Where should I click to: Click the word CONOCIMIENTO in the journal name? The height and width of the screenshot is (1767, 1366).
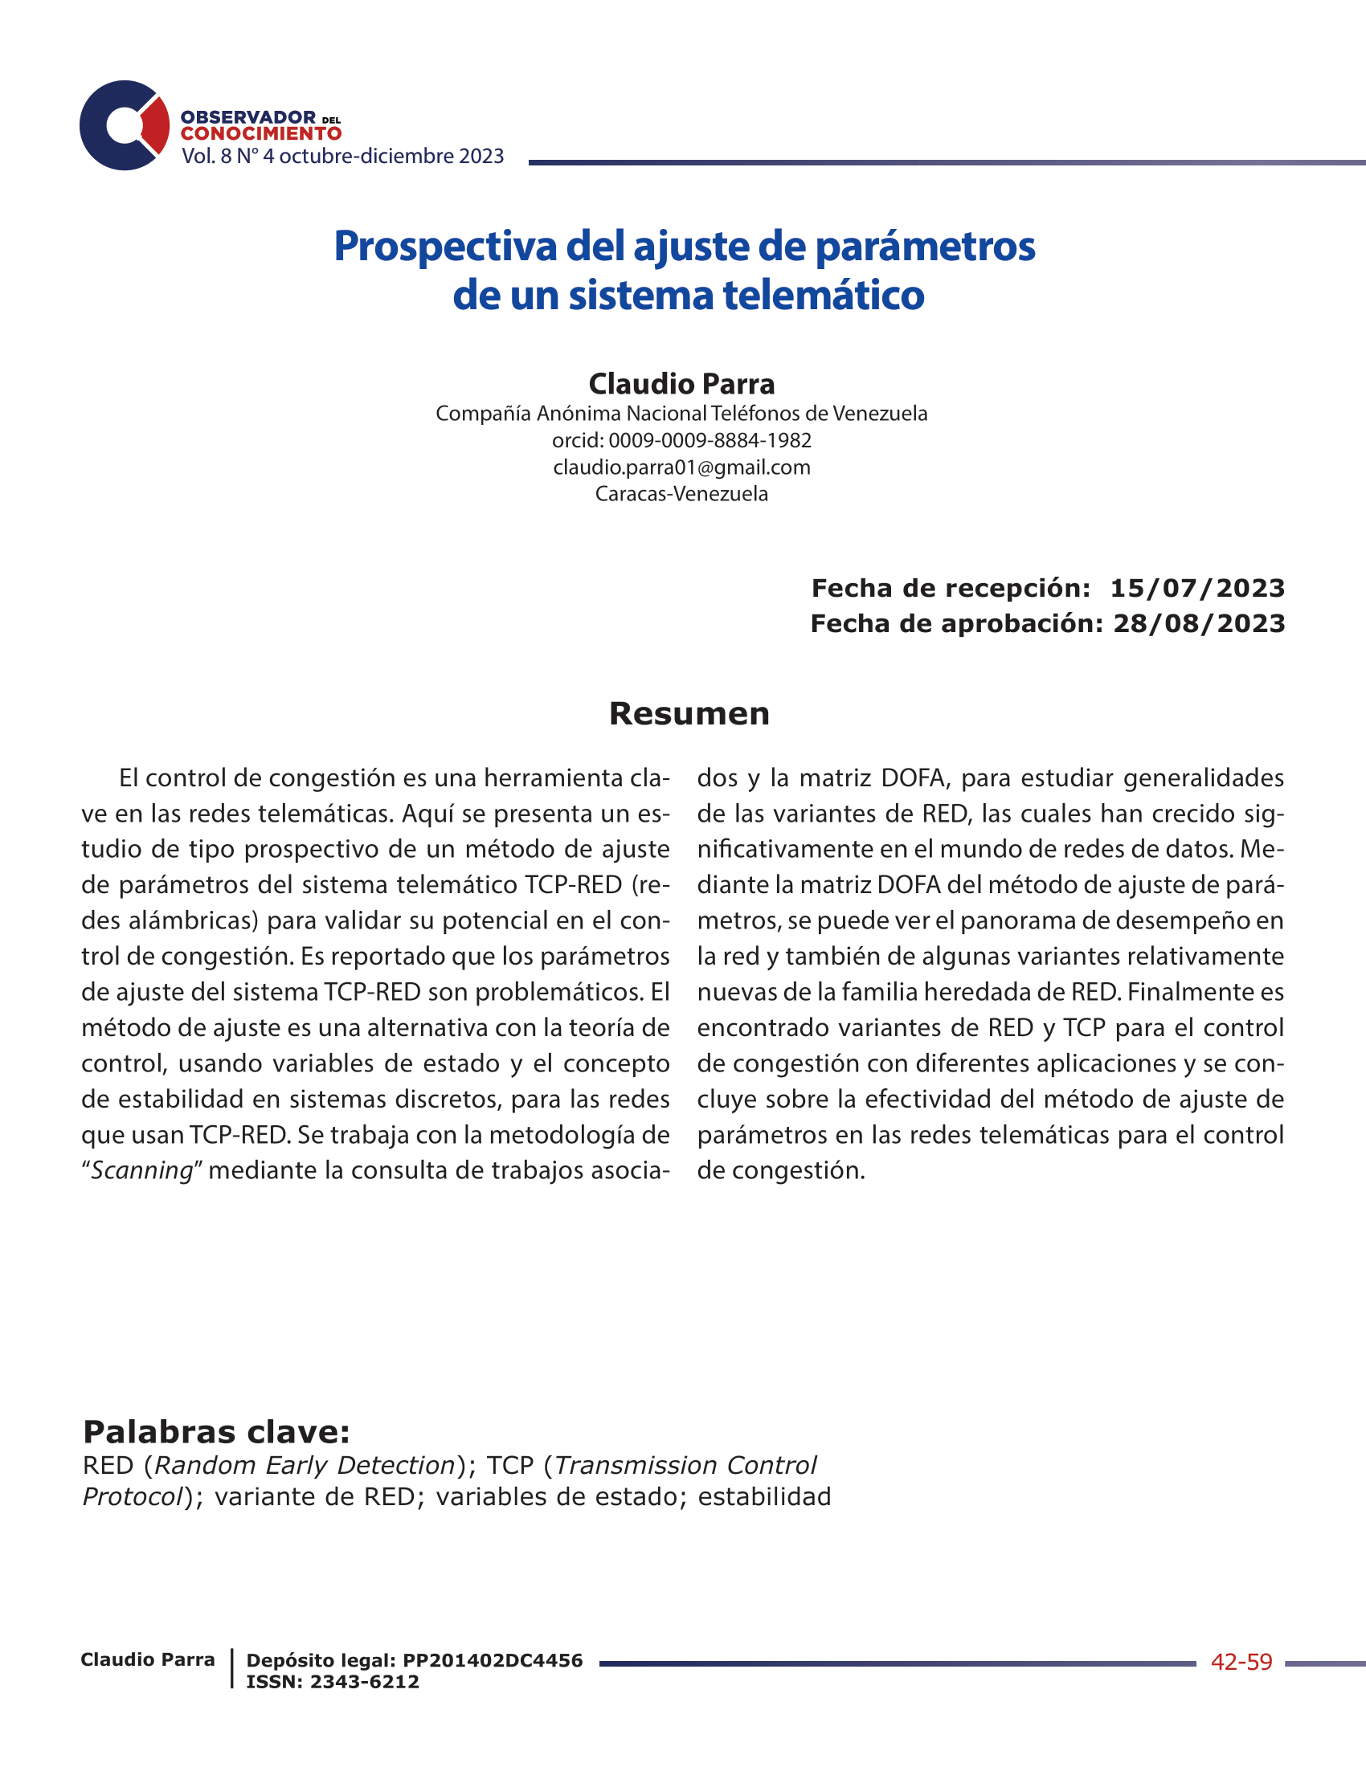click(260, 133)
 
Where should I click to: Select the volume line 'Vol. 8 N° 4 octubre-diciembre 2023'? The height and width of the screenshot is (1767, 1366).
click(342, 156)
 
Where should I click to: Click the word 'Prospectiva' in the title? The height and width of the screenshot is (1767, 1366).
click(445, 246)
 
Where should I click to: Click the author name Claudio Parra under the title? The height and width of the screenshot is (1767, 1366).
click(681, 383)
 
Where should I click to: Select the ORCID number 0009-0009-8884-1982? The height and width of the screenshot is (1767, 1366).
click(710, 440)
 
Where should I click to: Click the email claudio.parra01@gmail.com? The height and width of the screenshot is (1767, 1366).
click(681, 467)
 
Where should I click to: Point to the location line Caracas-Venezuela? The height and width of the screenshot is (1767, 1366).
click(681, 493)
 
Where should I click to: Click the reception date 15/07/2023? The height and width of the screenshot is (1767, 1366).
click(1197, 588)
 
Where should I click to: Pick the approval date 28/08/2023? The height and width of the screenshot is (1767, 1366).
click(1199, 624)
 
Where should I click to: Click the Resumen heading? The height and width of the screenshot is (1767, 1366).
click(689, 713)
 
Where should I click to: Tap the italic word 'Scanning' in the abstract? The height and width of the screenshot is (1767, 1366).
click(141, 1171)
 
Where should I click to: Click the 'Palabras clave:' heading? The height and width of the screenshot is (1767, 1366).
click(216, 1432)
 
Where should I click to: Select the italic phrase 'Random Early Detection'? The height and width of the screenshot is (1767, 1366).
click(305, 1465)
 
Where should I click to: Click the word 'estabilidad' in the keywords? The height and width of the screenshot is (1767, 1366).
click(764, 1497)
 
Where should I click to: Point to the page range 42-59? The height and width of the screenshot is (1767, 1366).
click(1241, 1662)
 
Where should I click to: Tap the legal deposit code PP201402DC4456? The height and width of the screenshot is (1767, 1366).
click(492, 1660)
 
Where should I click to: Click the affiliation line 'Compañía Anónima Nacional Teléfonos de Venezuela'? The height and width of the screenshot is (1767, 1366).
click(681, 414)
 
